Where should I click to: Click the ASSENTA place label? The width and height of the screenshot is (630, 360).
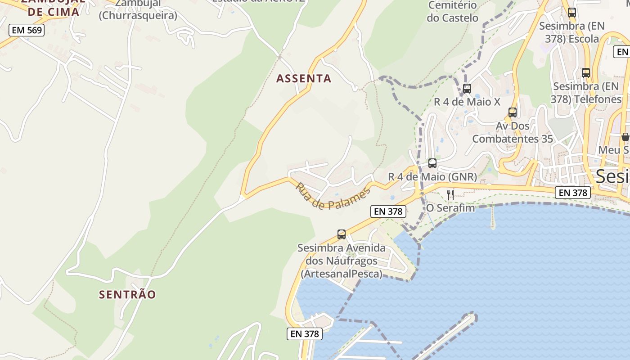click(x=304, y=79)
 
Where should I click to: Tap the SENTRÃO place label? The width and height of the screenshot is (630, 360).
click(x=127, y=295)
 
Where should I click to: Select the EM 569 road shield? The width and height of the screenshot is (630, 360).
click(x=27, y=31)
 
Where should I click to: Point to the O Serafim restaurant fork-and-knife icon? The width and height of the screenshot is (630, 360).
click(x=450, y=194)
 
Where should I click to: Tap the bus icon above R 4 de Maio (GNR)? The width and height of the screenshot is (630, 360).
click(x=432, y=163)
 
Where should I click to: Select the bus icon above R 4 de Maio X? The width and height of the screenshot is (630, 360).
click(x=467, y=89)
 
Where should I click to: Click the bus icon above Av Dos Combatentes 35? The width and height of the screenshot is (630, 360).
click(x=512, y=112)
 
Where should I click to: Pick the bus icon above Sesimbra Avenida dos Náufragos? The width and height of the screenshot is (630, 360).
click(x=342, y=234)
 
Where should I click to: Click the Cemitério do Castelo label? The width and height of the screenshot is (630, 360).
click(x=452, y=12)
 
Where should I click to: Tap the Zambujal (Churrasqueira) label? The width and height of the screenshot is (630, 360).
click(x=138, y=10)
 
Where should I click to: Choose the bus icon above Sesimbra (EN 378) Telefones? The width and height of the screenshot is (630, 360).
click(x=586, y=73)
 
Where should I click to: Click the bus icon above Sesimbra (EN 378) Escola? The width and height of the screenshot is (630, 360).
click(x=572, y=13)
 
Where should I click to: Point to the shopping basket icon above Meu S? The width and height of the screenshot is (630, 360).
click(x=625, y=137)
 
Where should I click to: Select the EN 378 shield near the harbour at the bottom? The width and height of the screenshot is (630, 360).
click(x=305, y=333)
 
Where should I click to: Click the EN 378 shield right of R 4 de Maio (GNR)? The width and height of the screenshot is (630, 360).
click(x=572, y=193)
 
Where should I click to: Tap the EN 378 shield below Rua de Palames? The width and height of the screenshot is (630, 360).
click(x=388, y=211)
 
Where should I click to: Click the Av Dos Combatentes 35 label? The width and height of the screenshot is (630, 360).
click(x=513, y=132)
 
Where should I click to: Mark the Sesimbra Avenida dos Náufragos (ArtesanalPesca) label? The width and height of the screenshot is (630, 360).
click(x=342, y=261)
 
